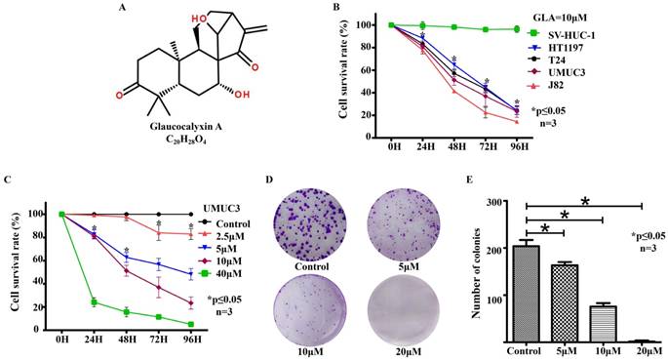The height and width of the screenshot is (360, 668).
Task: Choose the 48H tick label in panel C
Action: (127, 340)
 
